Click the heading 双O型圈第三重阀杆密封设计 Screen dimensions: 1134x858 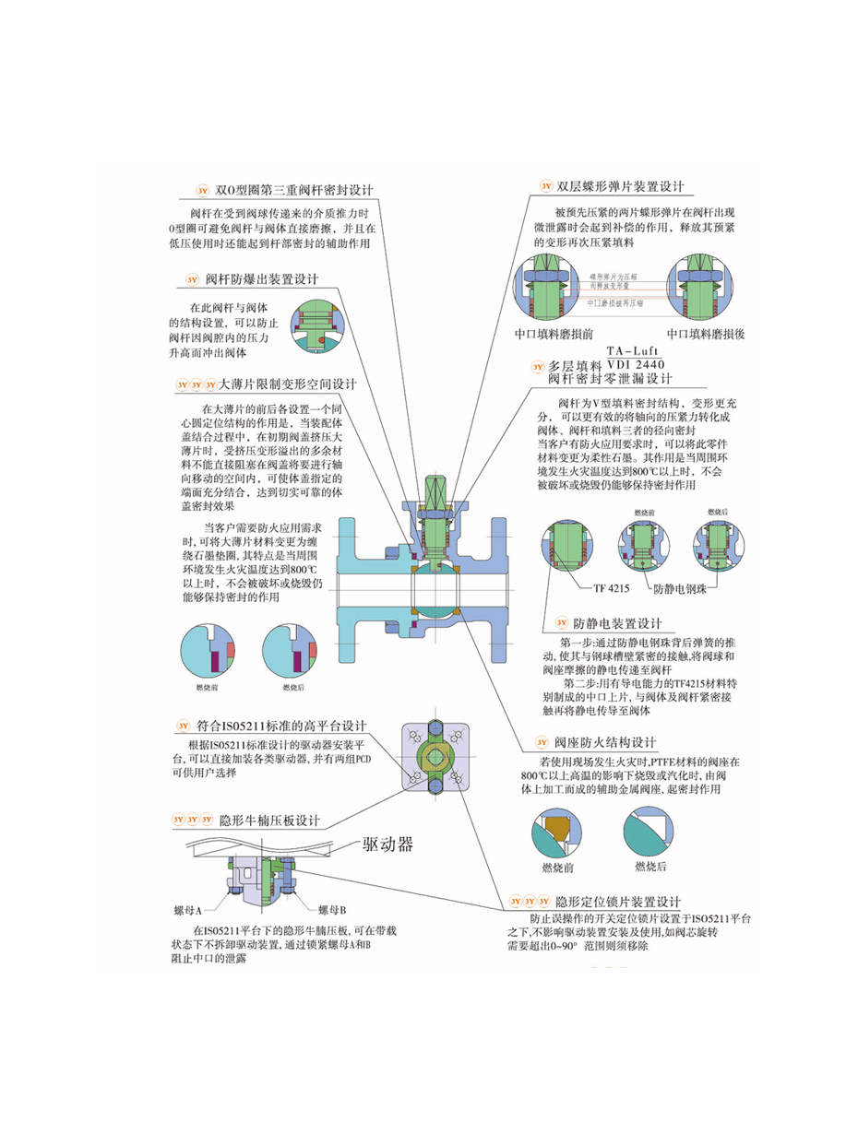tap(292, 190)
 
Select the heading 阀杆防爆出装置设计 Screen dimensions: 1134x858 tap(261, 278)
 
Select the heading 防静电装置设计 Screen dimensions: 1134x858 tap(617, 623)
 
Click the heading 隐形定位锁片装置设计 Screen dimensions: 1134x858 tap(618, 901)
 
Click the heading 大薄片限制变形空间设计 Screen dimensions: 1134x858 tap(286, 384)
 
